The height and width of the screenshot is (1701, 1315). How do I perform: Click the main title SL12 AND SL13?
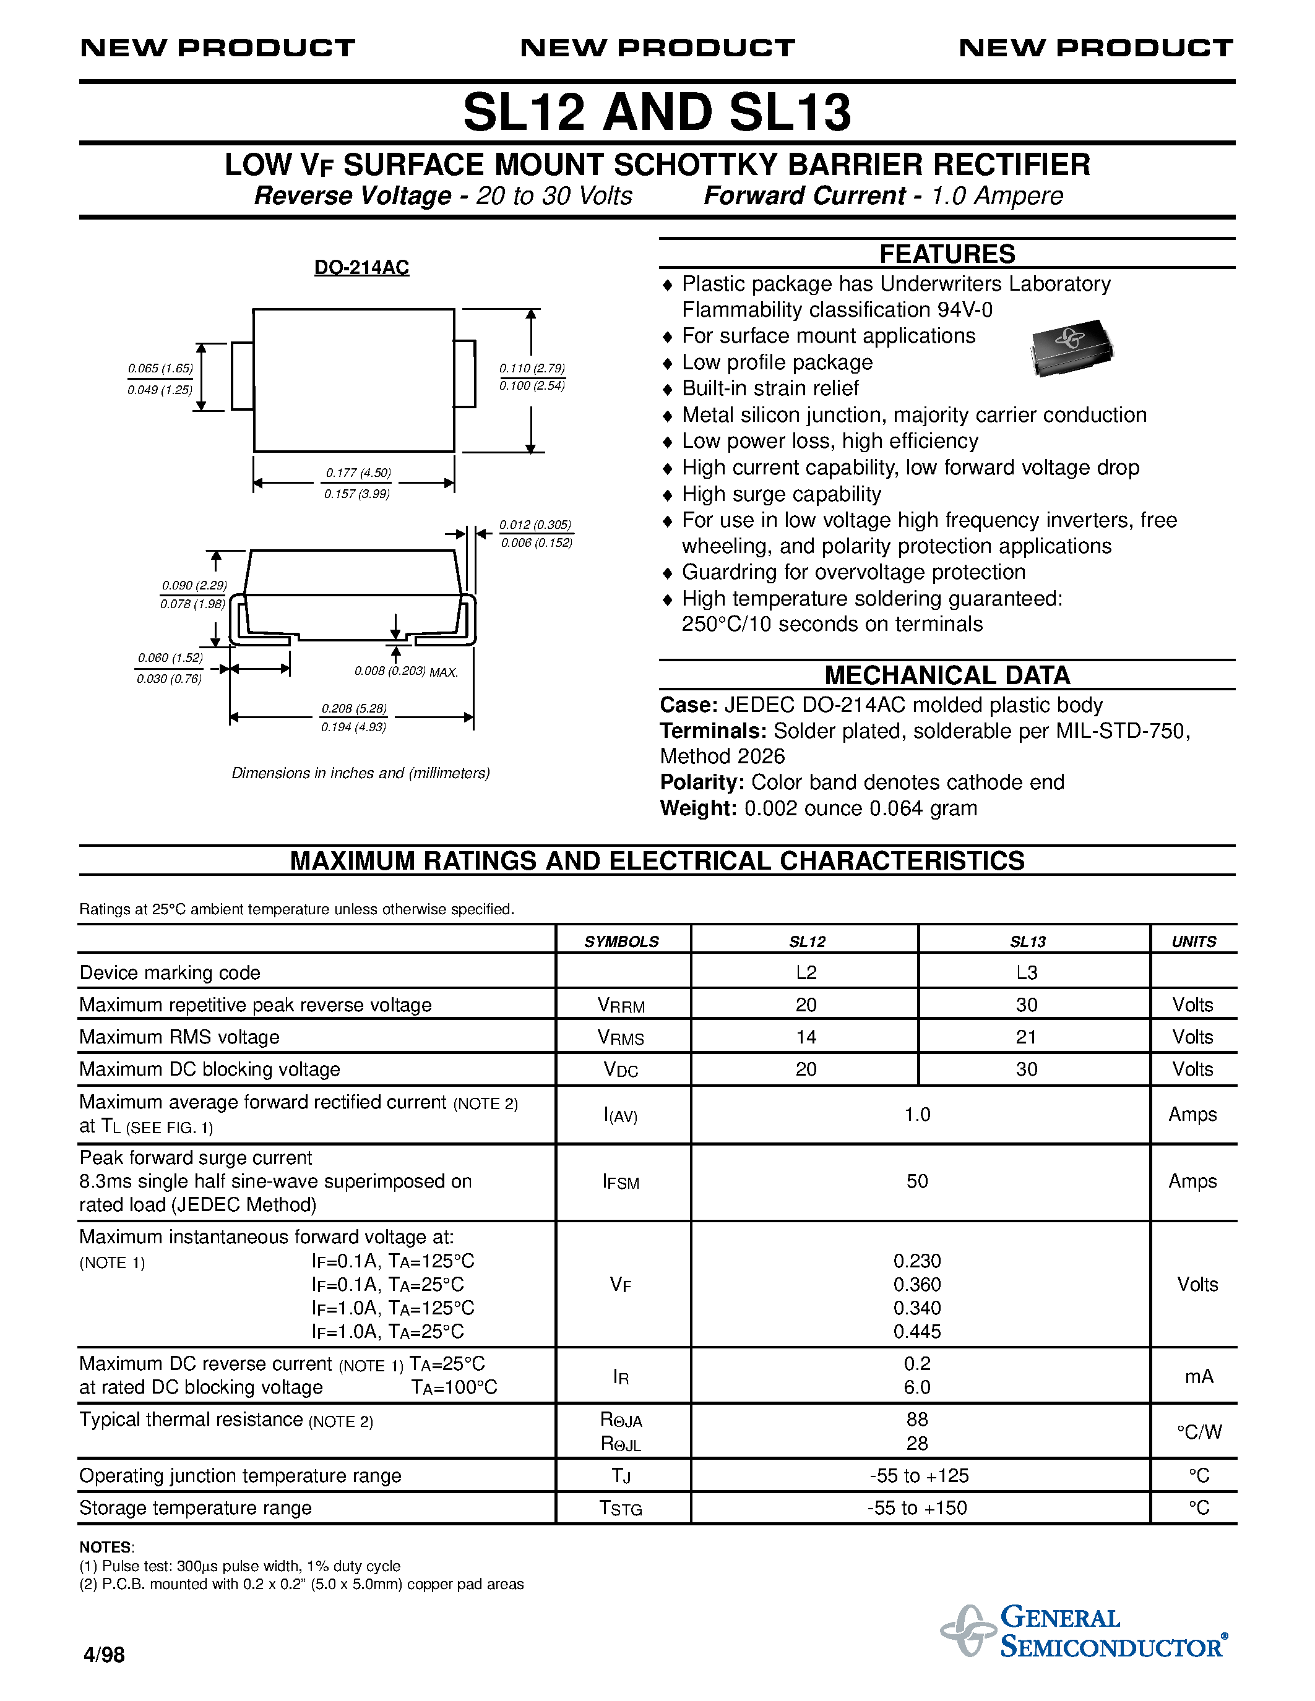point(657,113)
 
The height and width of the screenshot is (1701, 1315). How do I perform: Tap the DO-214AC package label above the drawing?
point(361,268)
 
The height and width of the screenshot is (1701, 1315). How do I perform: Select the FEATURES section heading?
point(947,254)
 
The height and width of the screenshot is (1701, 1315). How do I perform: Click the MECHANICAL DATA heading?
point(947,674)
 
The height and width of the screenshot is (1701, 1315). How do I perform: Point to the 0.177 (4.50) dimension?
point(358,473)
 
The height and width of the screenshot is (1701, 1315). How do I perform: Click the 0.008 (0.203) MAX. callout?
point(406,671)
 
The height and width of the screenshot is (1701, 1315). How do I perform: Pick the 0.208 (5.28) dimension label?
point(355,709)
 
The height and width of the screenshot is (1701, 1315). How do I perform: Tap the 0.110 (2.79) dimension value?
point(532,369)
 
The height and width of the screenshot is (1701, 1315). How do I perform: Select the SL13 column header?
point(1027,941)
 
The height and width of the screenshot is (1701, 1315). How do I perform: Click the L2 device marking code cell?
point(806,973)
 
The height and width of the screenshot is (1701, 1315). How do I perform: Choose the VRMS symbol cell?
point(621,1037)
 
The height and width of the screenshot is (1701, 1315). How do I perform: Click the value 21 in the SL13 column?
point(1026,1037)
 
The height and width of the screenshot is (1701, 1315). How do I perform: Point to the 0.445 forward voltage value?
point(917,1332)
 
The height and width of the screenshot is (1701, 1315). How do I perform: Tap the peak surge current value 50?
point(917,1181)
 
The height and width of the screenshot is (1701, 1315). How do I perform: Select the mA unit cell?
point(1198,1376)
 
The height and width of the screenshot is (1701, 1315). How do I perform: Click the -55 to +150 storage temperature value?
point(917,1508)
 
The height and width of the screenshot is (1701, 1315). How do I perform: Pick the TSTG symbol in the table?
point(621,1509)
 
